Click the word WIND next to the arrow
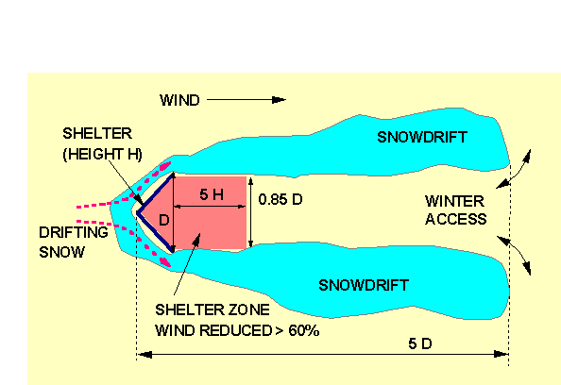(x=179, y=100)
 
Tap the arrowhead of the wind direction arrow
(x=279, y=100)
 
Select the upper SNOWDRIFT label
(x=422, y=137)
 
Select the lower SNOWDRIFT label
(x=364, y=285)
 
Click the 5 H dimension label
(x=212, y=194)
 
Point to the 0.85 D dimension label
(x=280, y=199)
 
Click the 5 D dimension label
(x=420, y=343)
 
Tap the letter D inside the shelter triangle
(x=164, y=220)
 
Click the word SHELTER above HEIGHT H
(x=97, y=134)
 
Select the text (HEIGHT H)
(x=103, y=155)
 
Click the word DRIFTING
(x=74, y=232)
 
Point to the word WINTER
(x=454, y=201)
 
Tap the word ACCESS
(x=456, y=219)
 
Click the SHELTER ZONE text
(x=212, y=310)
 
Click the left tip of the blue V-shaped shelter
(x=137, y=212)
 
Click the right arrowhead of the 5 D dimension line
(x=501, y=354)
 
